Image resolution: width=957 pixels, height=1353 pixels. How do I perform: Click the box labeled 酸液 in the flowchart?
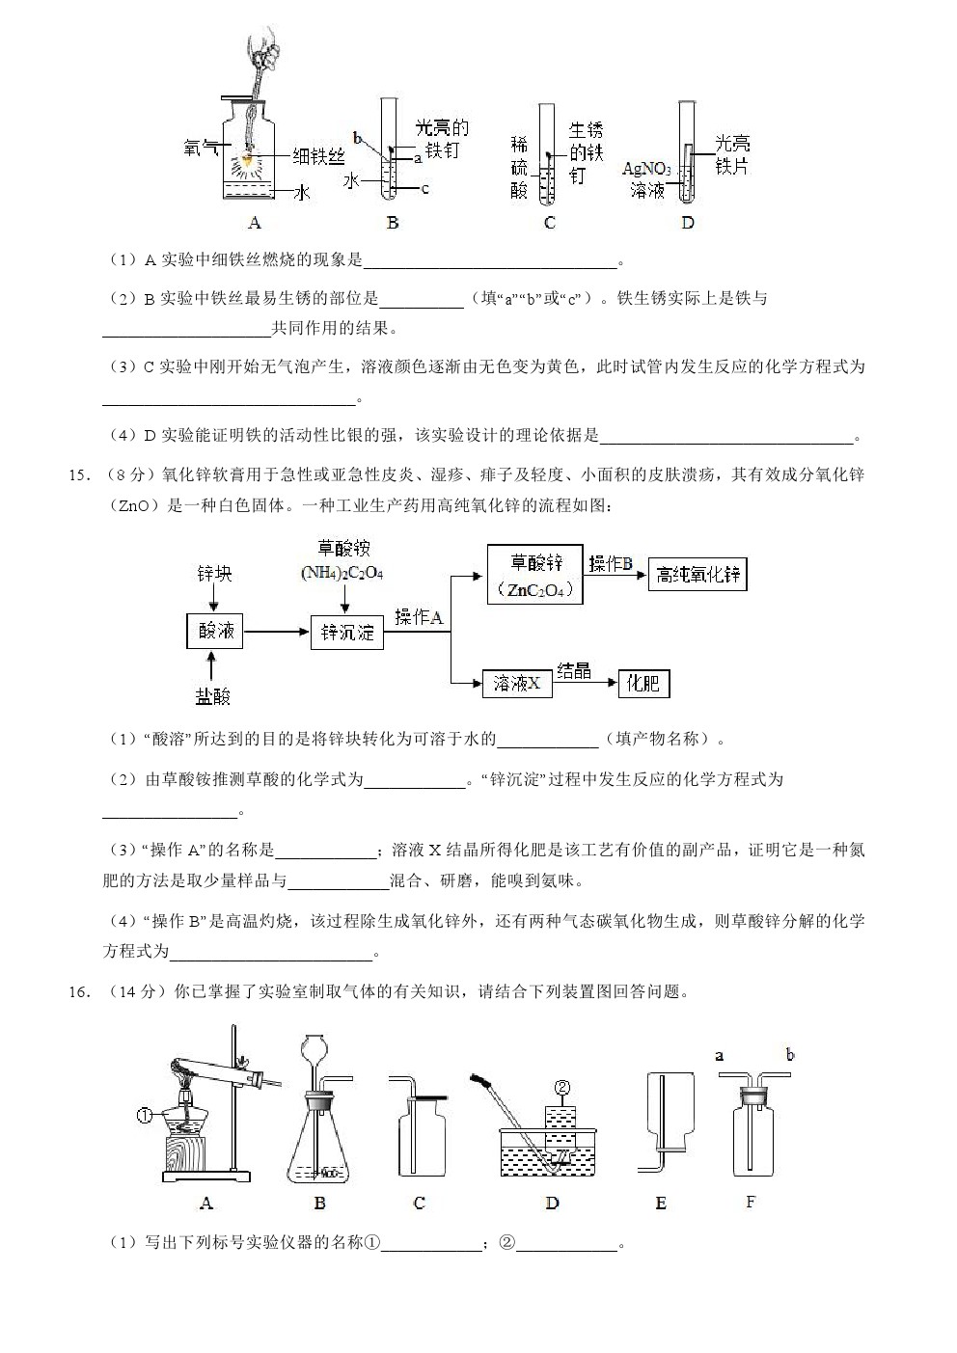pyautogui.click(x=214, y=632)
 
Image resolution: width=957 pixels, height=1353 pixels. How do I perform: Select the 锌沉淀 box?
pyautogui.click(x=347, y=633)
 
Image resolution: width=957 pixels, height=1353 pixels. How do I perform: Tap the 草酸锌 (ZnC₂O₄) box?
pyautogui.click(x=534, y=576)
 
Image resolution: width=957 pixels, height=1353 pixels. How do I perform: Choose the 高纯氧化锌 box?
pyautogui.click(x=697, y=575)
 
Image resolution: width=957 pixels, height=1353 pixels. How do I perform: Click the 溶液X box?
pyautogui.click(x=516, y=684)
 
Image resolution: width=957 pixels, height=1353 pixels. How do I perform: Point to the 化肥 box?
pyautogui.click(x=643, y=684)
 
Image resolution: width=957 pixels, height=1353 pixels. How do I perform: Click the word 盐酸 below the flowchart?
pyautogui.click(x=214, y=695)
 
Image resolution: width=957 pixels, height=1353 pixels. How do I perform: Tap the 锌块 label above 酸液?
pyautogui.click(x=214, y=574)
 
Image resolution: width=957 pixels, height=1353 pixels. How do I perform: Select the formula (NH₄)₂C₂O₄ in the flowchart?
pyautogui.click(x=342, y=573)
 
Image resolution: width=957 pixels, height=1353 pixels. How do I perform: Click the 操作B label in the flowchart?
pyautogui.click(x=610, y=563)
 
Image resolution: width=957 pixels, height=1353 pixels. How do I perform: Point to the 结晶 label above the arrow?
pyautogui.click(x=574, y=670)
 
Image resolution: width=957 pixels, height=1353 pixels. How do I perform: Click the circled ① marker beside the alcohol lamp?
pyautogui.click(x=145, y=1116)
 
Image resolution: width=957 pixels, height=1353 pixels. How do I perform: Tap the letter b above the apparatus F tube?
pyautogui.click(x=790, y=1055)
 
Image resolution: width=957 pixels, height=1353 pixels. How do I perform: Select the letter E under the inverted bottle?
pyautogui.click(x=661, y=1203)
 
